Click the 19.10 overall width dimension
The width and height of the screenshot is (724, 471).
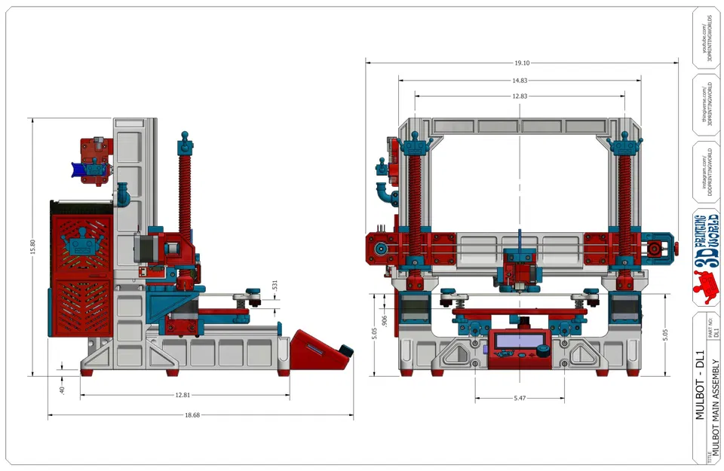tap(519, 63)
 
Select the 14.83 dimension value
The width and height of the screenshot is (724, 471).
tap(519, 80)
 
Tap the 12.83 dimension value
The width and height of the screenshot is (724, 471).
tap(519, 96)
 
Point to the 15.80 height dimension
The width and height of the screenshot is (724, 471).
tap(32, 246)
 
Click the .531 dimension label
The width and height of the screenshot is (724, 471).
tap(275, 286)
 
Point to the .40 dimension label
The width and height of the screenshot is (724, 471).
tap(63, 390)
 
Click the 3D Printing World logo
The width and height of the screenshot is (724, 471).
tap(706, 253)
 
